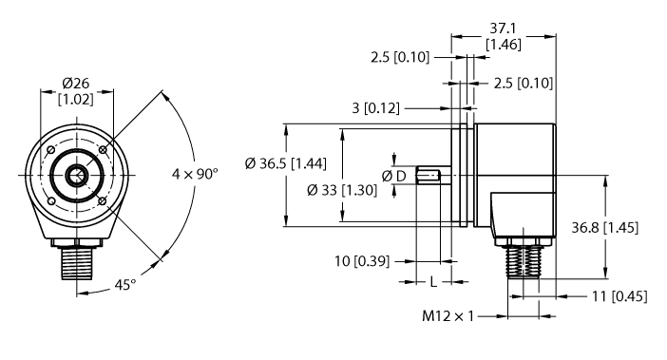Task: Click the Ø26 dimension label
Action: tap(76, 81)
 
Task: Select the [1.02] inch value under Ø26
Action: tap(76, 99)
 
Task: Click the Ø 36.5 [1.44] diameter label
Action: tap(285, 163)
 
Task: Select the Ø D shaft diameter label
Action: tap(394, 177)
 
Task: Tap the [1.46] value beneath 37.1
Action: tap(502, 45)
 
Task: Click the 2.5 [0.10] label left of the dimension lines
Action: tap(400, 58)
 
